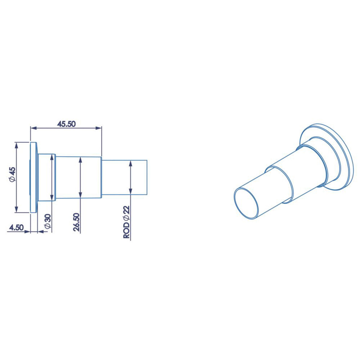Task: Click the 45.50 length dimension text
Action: click(x=67, y=124)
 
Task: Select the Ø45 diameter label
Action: click(x=12, y=175)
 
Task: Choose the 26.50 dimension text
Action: click(x=76, y=222)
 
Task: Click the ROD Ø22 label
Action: click(x=127, y=222)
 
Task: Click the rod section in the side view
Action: click(x=124, y=177)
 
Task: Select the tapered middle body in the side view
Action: click(x=79, y=177)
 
